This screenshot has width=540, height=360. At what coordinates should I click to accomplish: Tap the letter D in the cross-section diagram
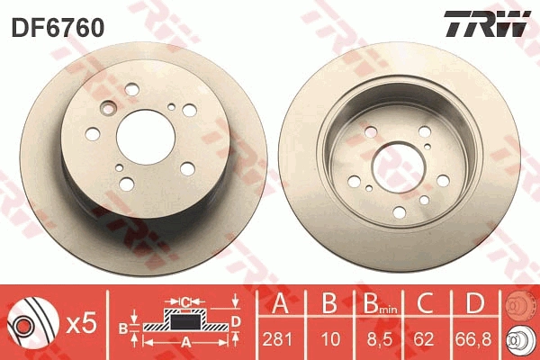[236, 319]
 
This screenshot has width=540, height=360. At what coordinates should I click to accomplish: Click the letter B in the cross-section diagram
[125, 326]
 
